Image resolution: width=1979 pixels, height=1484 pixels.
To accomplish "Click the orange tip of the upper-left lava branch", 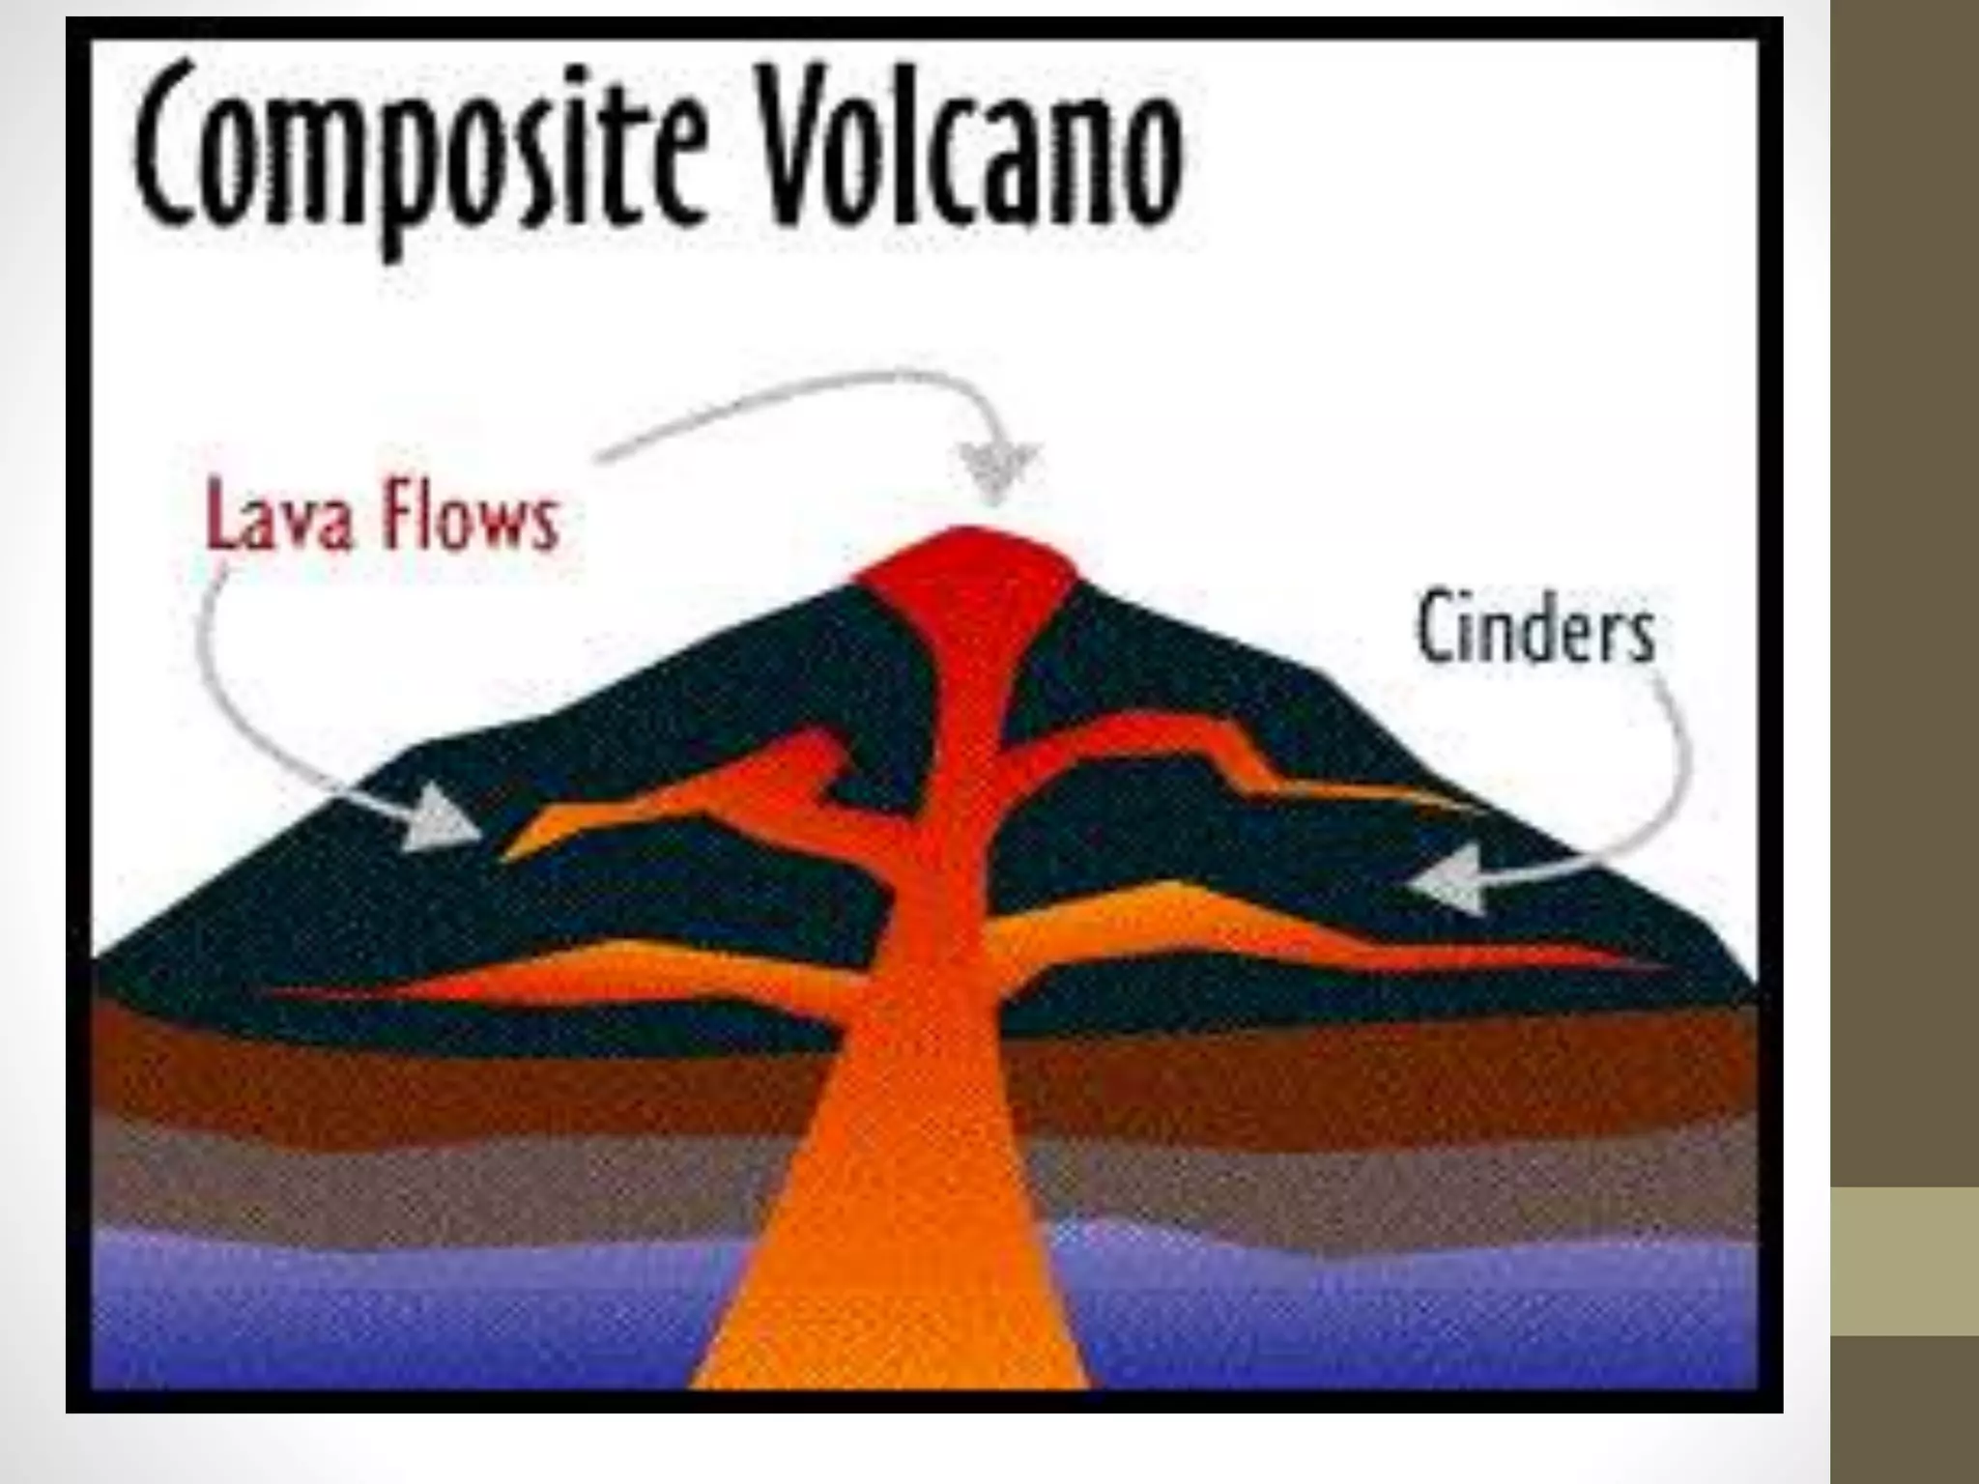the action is pos(522,845).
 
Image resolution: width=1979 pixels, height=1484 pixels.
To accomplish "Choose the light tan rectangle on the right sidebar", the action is pos(1905,1261).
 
